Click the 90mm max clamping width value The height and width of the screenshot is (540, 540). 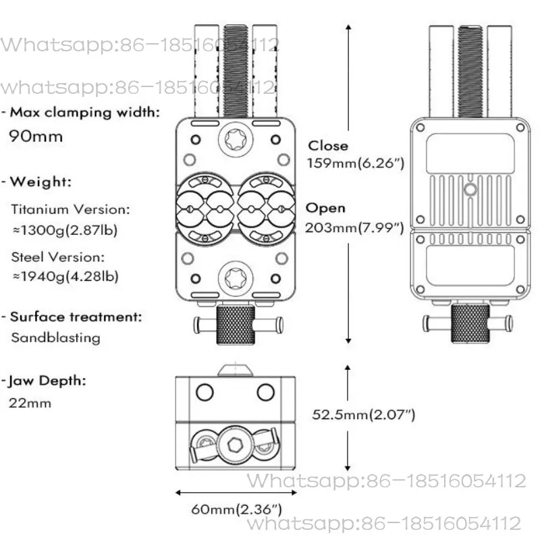(x=36, y=136)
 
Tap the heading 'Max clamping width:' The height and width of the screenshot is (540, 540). (x=85, y=112)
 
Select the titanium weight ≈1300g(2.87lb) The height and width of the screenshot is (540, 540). (x=65, y=230)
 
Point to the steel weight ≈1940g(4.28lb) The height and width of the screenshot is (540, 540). (x=65, y=276)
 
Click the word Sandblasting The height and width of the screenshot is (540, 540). (x=56, y=337)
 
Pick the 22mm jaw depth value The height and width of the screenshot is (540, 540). (x=30, y=403)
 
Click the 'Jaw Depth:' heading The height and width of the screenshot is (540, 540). (x=47, y=381)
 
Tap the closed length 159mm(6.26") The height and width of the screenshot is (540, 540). (x=356, y=163)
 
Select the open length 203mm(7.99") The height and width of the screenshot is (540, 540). (x=354, y=227)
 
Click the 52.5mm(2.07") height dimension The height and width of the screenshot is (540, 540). (x=364, y=414)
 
